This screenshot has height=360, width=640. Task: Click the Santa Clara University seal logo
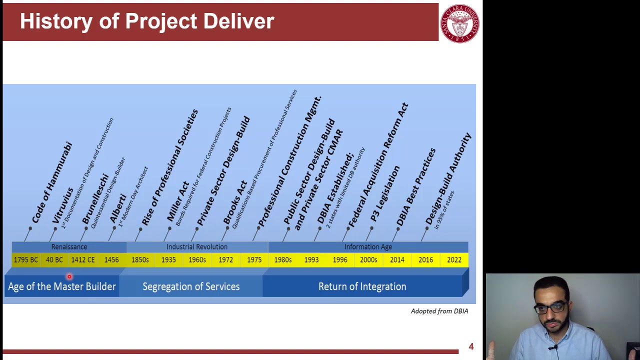459,23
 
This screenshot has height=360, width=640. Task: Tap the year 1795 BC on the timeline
26,260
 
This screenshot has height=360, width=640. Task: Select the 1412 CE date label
82,260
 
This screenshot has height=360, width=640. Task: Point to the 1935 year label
168,260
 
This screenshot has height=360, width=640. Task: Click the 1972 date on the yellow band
225,260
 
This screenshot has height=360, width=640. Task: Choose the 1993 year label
311,260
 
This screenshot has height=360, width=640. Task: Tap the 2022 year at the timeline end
454,260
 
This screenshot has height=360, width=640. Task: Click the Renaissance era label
69,247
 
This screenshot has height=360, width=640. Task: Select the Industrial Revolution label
196,247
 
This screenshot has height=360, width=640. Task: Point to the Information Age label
368,247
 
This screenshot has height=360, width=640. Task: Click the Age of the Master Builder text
62,286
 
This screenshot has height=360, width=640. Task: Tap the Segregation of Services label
191,286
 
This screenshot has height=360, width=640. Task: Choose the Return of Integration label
362,286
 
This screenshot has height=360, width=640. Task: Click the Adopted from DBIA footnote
439,311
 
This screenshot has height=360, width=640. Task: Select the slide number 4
471,346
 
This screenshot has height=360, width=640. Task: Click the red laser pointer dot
69,276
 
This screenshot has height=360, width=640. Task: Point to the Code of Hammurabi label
52,183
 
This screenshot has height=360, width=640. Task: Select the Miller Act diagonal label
178,202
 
